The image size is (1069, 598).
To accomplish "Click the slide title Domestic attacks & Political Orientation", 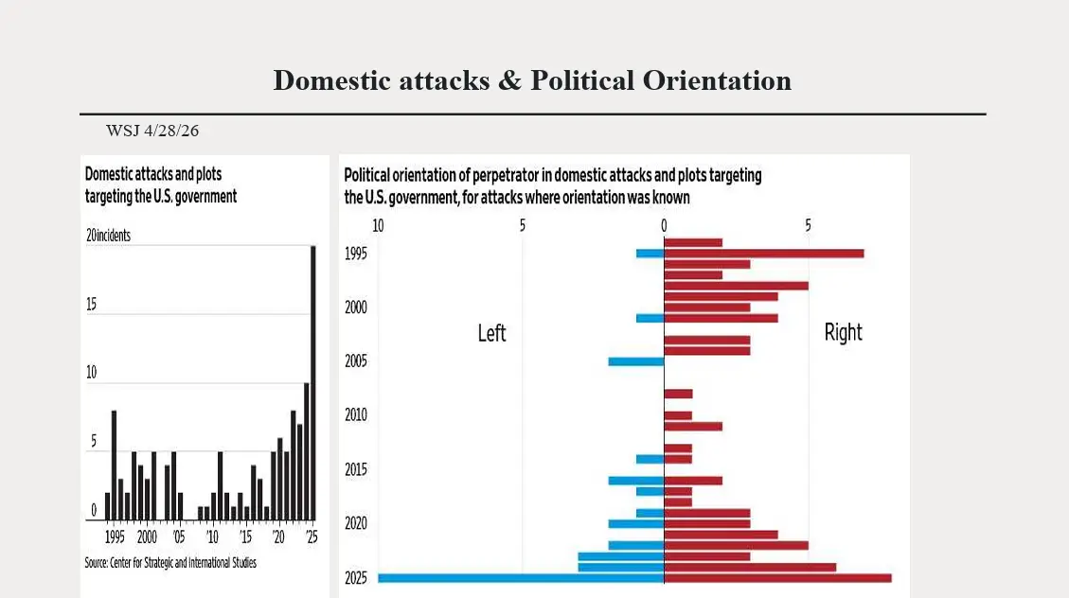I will click(532, 80).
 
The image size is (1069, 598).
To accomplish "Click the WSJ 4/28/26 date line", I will click(152, 131).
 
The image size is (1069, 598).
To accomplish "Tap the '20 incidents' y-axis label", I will click(108, 236).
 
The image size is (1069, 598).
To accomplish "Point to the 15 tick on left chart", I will click(92, 305).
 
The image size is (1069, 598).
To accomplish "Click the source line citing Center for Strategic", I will click(170, 563).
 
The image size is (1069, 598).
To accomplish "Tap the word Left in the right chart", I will click(491, 333).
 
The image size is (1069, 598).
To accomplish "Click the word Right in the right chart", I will click(843, 332).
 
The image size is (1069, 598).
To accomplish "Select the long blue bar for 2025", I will click(521, 578).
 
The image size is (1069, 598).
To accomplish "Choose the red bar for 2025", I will click(777, 578).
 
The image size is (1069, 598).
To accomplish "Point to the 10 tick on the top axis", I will click(378, 226).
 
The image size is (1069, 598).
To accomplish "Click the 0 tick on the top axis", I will click(664, 226).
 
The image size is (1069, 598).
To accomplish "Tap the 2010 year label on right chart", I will click(356, 415).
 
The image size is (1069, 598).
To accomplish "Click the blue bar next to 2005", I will click(635, 361).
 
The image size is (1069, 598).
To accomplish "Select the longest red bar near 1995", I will click(764, 253).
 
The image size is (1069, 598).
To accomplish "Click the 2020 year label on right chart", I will click(356, 523).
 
